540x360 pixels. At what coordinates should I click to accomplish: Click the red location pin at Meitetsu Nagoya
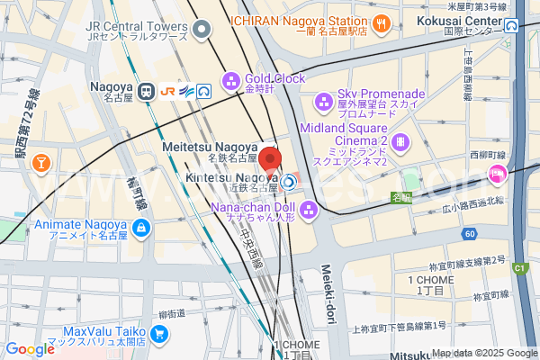point(274,154)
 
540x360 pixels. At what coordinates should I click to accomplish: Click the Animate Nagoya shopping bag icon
point(139,229)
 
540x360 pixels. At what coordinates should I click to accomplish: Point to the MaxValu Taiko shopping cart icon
point(159,336)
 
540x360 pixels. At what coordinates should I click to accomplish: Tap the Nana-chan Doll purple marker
point(310,212)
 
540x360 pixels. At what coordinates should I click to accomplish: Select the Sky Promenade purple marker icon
point(323,101)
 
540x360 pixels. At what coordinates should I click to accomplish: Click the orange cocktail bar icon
point(40,162)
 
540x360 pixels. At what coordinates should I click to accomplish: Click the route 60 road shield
point(470,235)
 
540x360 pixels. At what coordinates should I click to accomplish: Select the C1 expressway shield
point(519,267)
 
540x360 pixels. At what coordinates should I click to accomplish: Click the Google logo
point(30,348)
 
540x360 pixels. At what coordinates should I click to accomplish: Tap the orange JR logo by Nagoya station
point(167,90)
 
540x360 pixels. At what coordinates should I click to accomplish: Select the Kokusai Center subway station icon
point(511,24)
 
